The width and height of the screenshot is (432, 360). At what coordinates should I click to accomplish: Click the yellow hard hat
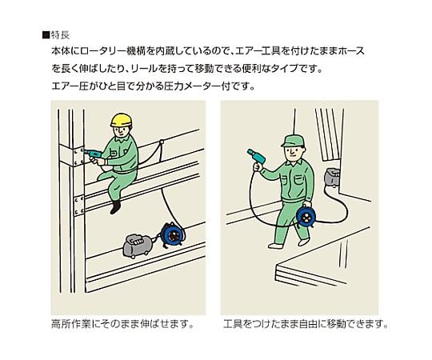(122, 120)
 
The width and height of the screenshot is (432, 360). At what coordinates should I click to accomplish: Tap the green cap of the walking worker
(293, 141)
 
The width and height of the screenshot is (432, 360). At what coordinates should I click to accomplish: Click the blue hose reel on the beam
(171, 234)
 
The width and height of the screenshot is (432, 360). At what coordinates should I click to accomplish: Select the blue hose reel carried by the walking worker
(306, 216)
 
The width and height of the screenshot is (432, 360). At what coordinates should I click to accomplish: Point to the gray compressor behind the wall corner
(332, 177)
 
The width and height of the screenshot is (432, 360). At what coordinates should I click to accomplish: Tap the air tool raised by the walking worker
(257, 156)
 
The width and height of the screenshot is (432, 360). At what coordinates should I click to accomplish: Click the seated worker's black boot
(115, 207)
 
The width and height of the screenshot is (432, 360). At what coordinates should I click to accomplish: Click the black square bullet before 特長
(46, 35)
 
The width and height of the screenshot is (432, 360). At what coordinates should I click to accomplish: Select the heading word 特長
(60, 35)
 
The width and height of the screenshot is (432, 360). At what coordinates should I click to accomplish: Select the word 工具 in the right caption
(234, 324)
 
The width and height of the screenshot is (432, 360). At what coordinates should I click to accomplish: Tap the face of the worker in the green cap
(293, 152)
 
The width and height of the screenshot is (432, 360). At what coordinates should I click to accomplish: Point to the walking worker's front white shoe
(275, 246)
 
